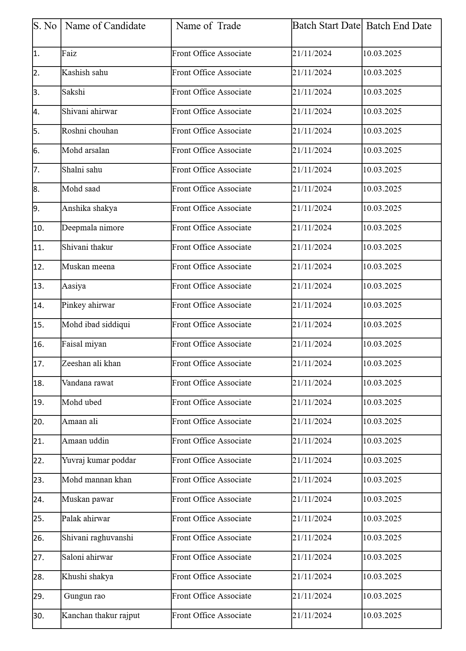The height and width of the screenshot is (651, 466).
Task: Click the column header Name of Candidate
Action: tap(105, 26)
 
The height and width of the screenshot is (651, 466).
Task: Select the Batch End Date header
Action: tap(399, 26)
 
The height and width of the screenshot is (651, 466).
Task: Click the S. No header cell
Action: tap(45, 26)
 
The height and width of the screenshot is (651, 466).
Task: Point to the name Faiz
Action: tap(69, 53)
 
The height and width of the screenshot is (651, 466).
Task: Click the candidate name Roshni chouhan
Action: tap(90, 131)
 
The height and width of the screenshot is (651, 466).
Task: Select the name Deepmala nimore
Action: tap(93, 228)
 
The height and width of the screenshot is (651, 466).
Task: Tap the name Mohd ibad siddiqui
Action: tap(96, 325)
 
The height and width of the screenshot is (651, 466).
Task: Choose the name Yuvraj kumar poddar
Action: tap(99, 460)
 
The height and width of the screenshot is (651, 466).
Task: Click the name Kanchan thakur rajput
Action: tap(101, 615)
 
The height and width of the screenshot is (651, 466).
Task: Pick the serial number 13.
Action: tap(39, 286)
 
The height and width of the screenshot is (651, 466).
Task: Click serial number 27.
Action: tap(39, 558)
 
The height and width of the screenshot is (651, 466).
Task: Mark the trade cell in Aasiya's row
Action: tap(212, 286)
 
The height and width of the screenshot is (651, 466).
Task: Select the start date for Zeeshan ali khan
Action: tap(312, 363)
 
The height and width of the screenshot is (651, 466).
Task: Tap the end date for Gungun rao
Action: tap(382, 596)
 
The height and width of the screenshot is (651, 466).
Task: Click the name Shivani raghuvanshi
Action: tap(97, 538)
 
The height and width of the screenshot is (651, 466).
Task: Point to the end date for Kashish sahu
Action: tap(382, 73)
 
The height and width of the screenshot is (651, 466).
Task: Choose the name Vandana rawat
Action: tap(88, 383)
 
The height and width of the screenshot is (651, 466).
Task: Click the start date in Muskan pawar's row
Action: tap(312, 499)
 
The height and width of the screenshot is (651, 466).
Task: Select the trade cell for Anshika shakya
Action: tap(212, 208)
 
